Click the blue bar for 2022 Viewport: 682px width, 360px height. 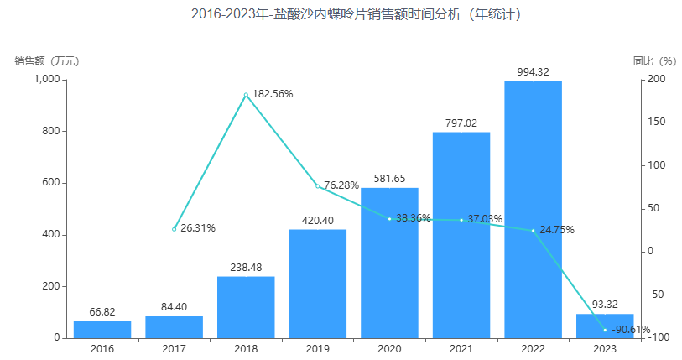pyautogui.click(x=533, y=210)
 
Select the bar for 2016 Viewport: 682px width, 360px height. pyautogui.click(x=102, y=329)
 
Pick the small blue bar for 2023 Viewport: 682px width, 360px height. pyautogui.click(x=605, y=323)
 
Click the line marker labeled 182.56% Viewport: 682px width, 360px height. pyautogui.click(x=246, y=95)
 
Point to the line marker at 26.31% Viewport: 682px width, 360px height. pyautogui.click(x=174, y=229)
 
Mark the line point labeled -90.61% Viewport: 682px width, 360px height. pyautogui.click(x=605, y=330)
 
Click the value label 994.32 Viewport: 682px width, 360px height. pyautogui.click(x=533, y=72)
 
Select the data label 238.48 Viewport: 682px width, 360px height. pyautogui.click(x=246, y=268)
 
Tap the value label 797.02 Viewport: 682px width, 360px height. pyautogui.click(x=461, y=123)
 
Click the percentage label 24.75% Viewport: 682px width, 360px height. pyautogui.click(x=557, y=229)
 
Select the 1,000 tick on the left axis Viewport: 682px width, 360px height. pyautogui.click(x=47, y=79)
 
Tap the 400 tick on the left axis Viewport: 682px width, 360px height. pyautogui.click(x=52, y=234)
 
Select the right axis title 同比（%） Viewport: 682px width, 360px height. pyautogui.click(x=654, y=60)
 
